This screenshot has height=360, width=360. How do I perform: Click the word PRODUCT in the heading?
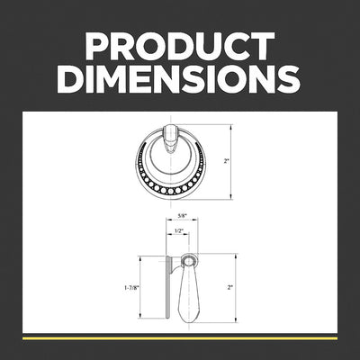click(180, 46)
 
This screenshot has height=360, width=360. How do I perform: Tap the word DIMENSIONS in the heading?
click(180, 78)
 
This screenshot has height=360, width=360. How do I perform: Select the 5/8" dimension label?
click(182, 215)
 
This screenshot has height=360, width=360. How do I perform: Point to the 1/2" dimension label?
click(179, 230)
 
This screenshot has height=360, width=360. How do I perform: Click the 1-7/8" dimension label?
click(132, 287)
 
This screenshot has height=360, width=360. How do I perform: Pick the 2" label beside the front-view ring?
click(226, 161)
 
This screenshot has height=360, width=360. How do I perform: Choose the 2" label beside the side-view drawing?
click(230, 287)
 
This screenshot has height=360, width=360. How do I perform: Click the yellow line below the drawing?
click(180, 338)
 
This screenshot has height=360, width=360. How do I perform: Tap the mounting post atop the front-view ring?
click(170, 138)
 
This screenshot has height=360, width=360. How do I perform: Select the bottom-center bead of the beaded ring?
click(170, 191)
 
